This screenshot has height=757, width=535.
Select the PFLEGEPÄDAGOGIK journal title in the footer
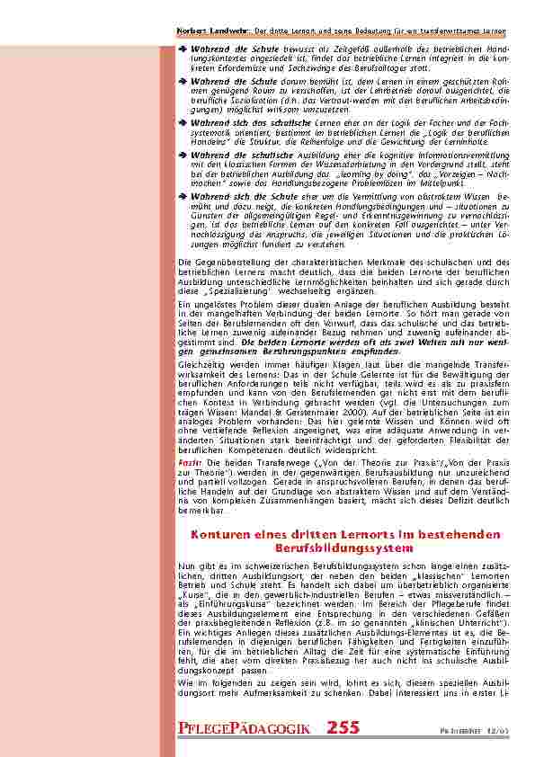pos(244,729)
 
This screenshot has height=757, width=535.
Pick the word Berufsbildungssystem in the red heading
pos(345,547)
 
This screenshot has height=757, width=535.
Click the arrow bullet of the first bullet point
pos(182,48)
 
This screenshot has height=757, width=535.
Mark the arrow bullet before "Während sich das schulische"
pos(182,120)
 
